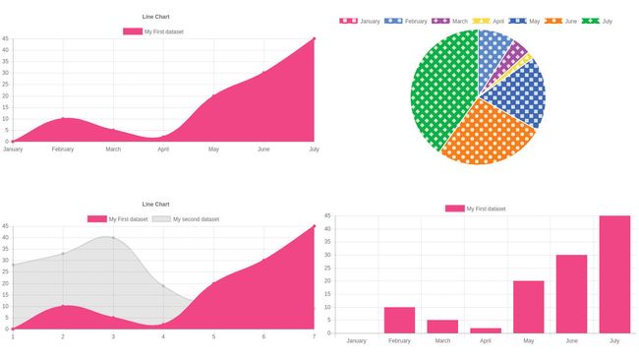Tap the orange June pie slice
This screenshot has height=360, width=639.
tap(486, 133)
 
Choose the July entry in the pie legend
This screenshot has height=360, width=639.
tap(597, 21)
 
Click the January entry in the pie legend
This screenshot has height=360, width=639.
tap(360, 21)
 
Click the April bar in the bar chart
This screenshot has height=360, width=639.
tap(485, 330)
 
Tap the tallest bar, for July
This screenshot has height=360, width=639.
tap(614, 274)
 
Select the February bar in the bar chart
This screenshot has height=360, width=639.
tap(399, 321)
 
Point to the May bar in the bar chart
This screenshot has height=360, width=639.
tap(528, 307)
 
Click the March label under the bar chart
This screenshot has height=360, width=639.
tap(441, 341)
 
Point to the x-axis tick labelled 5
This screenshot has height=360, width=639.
tap(213, 337)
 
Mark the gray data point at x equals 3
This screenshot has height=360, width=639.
tap(113, 237)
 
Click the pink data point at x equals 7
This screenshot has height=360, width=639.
tap(315, 226)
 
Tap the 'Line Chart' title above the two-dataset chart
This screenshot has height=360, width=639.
tap(155, 204)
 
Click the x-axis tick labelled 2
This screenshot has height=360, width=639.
tap(63, 337)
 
